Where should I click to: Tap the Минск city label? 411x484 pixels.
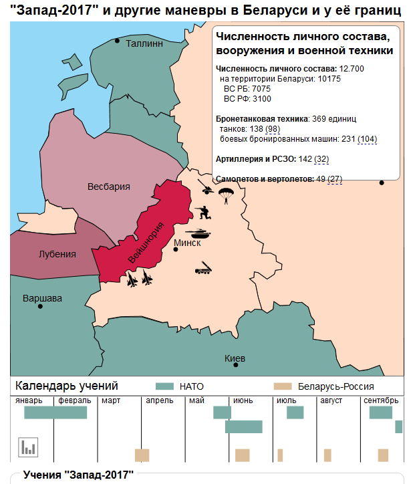pyautogui.click(x=187, y=243)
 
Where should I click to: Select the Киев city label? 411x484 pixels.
pyautogui.click(x=235, y=359)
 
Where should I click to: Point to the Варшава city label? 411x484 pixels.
pyautogui.click(x=42, y=297)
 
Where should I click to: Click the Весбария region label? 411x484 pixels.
pyautogui.click(x=109, y=187)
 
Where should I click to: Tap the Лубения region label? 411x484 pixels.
pyautogui.click(x=57, y=254)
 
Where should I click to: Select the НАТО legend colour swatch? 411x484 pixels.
pyautogui.click(x=164, y=386)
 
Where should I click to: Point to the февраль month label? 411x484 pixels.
pyautogui.click(x=74, y=400)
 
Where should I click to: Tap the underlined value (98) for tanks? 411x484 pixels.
pyautogui.click(x=272, y=128)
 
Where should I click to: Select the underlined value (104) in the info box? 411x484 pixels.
pyautogui.click(x=367, y=138)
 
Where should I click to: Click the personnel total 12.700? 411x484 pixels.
pyautogui.click(x=352, y=69)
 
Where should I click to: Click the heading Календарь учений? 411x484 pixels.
pyautogui.click(x=67, y=386)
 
